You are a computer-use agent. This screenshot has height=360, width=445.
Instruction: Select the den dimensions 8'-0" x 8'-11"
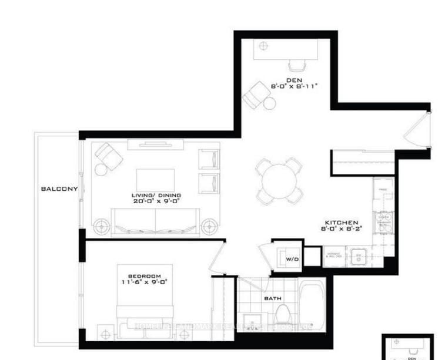[x=294, y=86]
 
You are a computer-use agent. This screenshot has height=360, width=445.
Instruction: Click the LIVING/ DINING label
[x=156, y=195]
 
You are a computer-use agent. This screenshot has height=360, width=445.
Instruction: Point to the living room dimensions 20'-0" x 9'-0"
[x=156, y=201]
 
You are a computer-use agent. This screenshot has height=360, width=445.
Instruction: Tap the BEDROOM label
[x=145, y=276]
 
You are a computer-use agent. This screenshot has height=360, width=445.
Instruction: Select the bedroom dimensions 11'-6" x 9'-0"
[x=145, y=282]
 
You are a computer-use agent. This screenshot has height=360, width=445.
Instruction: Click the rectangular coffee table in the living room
[x=156, y=179]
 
